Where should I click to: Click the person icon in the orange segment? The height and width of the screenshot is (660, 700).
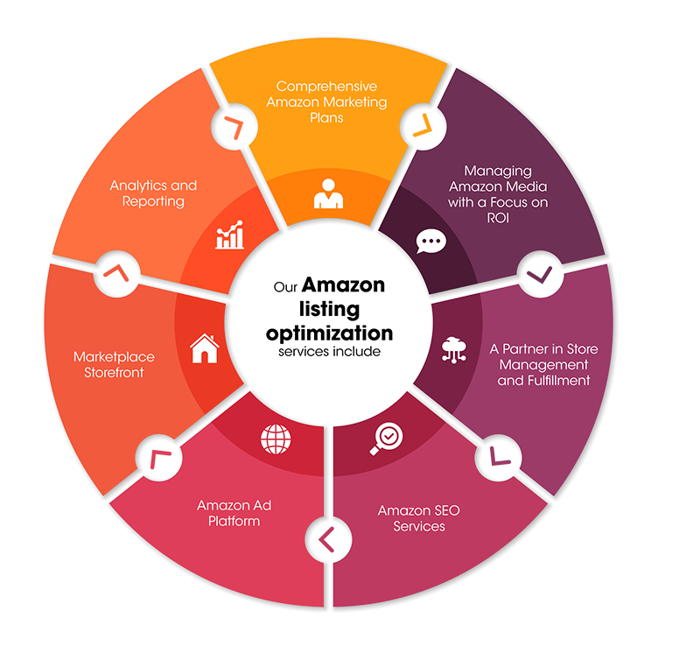(329, 193)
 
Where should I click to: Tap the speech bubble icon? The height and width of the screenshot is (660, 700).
(430, 241)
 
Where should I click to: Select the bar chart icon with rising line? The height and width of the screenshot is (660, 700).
(230, 235)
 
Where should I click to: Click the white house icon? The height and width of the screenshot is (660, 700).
(205, 348)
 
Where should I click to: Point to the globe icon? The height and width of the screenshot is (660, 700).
(276, 439)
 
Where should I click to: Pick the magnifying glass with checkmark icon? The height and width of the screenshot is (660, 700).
(386, 439)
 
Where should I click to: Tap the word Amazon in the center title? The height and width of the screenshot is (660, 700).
(343, 284)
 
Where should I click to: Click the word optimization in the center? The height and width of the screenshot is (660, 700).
(330, 334)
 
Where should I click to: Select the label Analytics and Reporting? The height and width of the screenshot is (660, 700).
(153, 193)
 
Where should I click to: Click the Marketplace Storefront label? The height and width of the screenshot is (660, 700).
(114, 364)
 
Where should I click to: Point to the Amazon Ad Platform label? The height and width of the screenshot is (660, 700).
(234, 513)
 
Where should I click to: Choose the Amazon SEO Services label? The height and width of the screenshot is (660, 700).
(419, 518)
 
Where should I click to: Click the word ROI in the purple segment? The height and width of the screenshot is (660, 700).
(498, 218)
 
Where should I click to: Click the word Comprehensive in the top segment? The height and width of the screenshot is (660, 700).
(326, 86)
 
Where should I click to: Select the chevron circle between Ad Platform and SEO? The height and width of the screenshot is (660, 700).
(329, 539)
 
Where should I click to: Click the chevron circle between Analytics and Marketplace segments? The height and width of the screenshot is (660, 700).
(117, 273)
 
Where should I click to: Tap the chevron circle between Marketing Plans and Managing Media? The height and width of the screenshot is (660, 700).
(423, 126)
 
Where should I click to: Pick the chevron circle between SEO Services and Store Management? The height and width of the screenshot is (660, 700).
(498, 458)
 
